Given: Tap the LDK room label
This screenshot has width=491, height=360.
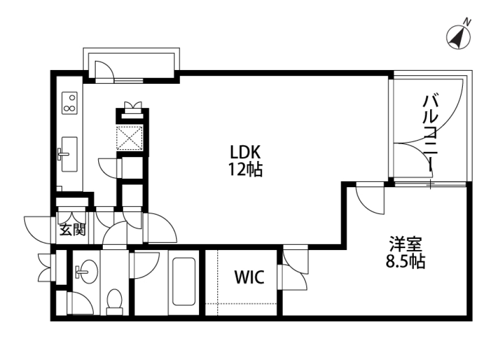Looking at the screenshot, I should [x=245, y=152].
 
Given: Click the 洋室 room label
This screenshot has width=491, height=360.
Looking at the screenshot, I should [x=404, y=243].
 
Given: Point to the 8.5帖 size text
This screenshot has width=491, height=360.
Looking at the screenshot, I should [x=404, y=261].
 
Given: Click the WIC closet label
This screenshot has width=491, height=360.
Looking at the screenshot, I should [x=249, y=278].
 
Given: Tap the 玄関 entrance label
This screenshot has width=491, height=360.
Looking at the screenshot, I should [x=72, y=231].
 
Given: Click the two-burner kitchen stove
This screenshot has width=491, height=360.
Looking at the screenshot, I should [x=69, y=102].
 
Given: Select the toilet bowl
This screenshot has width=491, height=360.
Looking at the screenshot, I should [x=114, y=301].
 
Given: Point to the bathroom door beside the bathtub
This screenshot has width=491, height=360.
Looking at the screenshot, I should [x=146, y=265].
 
